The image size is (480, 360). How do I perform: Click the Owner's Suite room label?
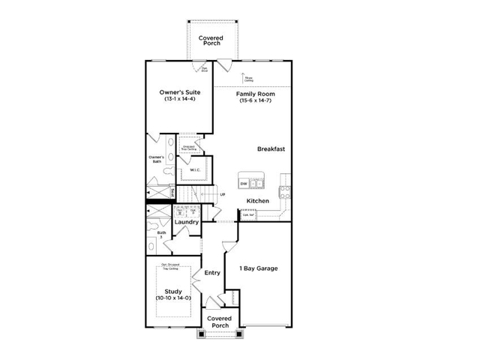pos(178,92)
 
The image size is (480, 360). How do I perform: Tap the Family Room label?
pos(256,94)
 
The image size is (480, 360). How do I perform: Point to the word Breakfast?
pos(271,148)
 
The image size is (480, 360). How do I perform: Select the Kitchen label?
pos(258,201)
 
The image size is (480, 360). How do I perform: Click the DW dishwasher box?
pos(244,184)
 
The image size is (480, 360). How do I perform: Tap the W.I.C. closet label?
pos(194,169)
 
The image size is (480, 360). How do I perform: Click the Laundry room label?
pos(186,222)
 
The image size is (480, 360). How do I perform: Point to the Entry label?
pos(212,272)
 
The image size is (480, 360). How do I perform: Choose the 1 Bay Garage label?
pos(259,268)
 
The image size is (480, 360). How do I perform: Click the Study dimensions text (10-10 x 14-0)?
pos(174,298)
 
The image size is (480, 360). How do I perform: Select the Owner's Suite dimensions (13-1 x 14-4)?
pos(178,100)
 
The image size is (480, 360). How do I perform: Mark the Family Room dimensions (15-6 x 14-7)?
pos(256,101)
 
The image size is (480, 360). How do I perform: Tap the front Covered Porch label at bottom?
pos(220,322)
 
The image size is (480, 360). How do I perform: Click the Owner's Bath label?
pos(156,159)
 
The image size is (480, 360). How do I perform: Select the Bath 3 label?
pos(161,235)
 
